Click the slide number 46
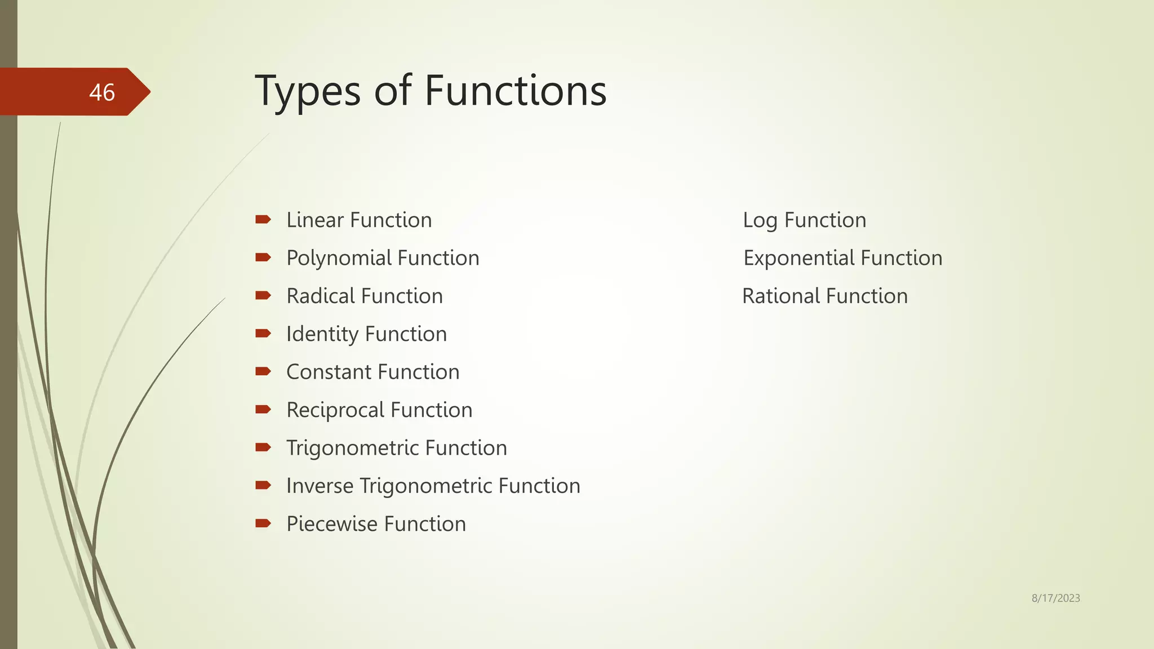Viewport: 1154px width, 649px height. (x=102, y=92)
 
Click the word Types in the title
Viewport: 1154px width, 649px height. (x=307, y=91)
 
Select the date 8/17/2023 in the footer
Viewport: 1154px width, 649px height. (x=1055, y=598)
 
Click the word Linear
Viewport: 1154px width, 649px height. (x=314, y=220)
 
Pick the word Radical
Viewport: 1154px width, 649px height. (x=320, y=296)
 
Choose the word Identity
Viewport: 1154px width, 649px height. (x=321, y=335)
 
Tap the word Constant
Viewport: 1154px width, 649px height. (x=328, y=372)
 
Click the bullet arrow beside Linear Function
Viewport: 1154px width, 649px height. (x=263, y=220)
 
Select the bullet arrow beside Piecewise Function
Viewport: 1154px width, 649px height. (x=263, y=523)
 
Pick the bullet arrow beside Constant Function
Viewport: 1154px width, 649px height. (x=263, y=371)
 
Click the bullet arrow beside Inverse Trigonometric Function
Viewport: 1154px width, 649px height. (x=263, y=485)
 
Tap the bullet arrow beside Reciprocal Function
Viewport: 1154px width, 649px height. (x=263, y=410)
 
